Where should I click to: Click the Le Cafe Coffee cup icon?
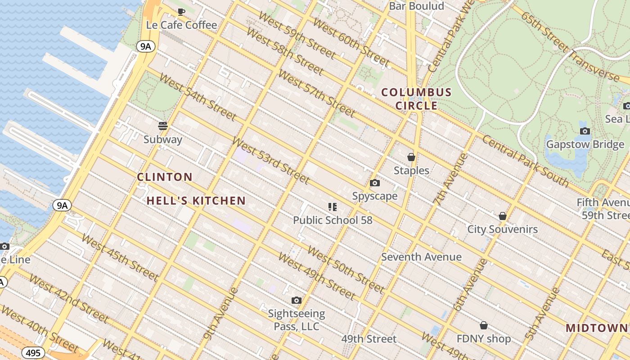[181, 12]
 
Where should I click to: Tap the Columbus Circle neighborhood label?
[416, 99]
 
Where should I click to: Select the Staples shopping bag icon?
[411, 157]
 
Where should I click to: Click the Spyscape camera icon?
[374, 183]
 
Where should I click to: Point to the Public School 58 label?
[333, 220]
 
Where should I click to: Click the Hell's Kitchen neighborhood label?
[196, 201]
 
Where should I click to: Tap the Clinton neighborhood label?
[165, 177]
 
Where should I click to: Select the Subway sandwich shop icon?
[163, 126]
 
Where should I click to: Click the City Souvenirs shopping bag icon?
[503, 216]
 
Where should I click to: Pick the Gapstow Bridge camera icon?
[585, 131]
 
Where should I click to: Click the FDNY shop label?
[484, 339]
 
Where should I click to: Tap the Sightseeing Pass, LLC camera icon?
[296, 300]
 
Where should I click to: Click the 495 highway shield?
[33, 353]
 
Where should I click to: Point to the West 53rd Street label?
[271, 161]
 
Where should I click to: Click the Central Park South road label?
[525, 160]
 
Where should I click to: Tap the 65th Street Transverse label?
[570, 46]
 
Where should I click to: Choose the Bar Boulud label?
[416, 6]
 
